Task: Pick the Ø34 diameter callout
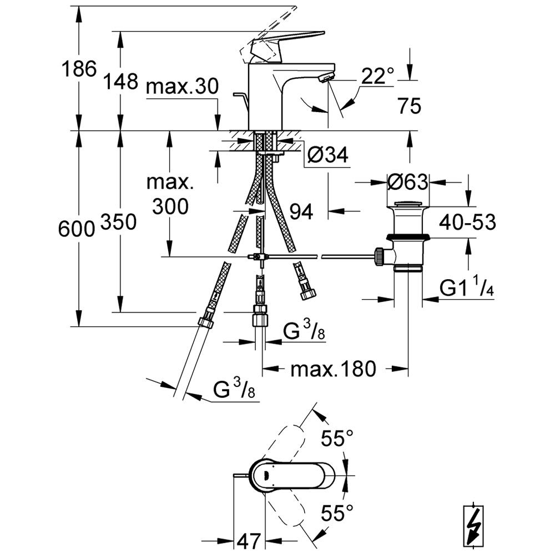point(327,157)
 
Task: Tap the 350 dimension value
point(119,222)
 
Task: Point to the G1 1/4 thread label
point(467,287)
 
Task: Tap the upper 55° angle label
point(338,439)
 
